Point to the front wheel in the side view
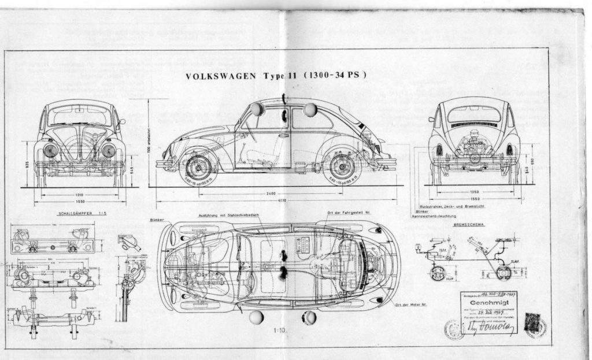pos(198,167)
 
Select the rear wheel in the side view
pos(342,167)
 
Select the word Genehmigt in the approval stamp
pos(489,302)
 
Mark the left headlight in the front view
pos(50,150)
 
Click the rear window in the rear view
pos(473,114)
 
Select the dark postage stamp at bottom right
pos(532,322)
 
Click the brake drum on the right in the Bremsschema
pos(503,271)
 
